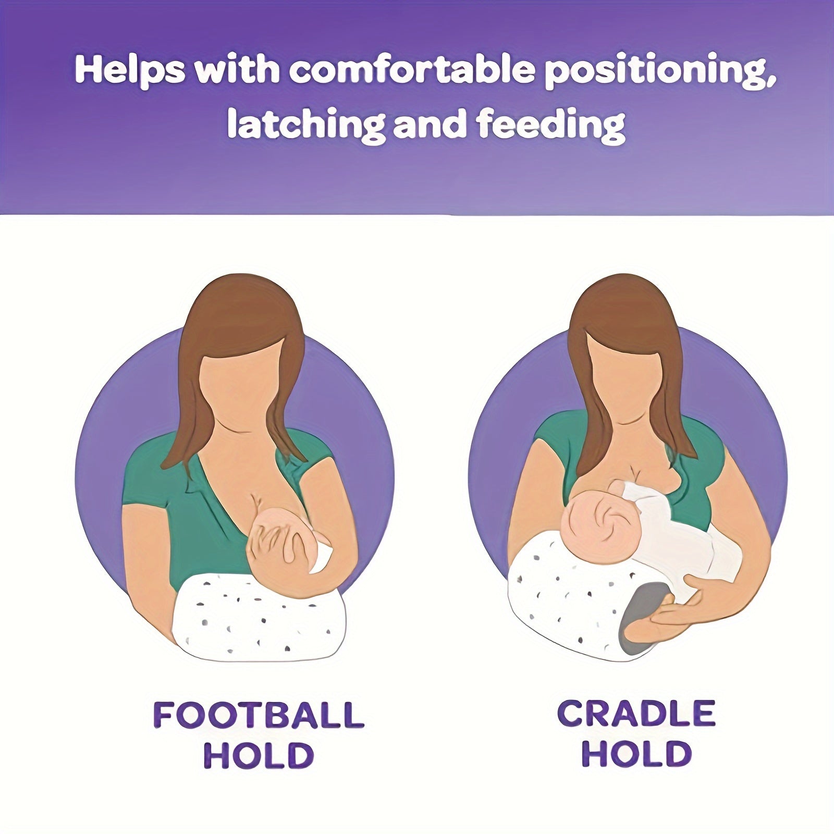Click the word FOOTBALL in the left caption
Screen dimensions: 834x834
pyautogui.click(x=259, y=715)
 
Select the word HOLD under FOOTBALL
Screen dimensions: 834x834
pyautogui.click(x=259, y=756)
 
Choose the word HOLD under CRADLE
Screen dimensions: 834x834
pyautogui.click(x=636, y=755)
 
